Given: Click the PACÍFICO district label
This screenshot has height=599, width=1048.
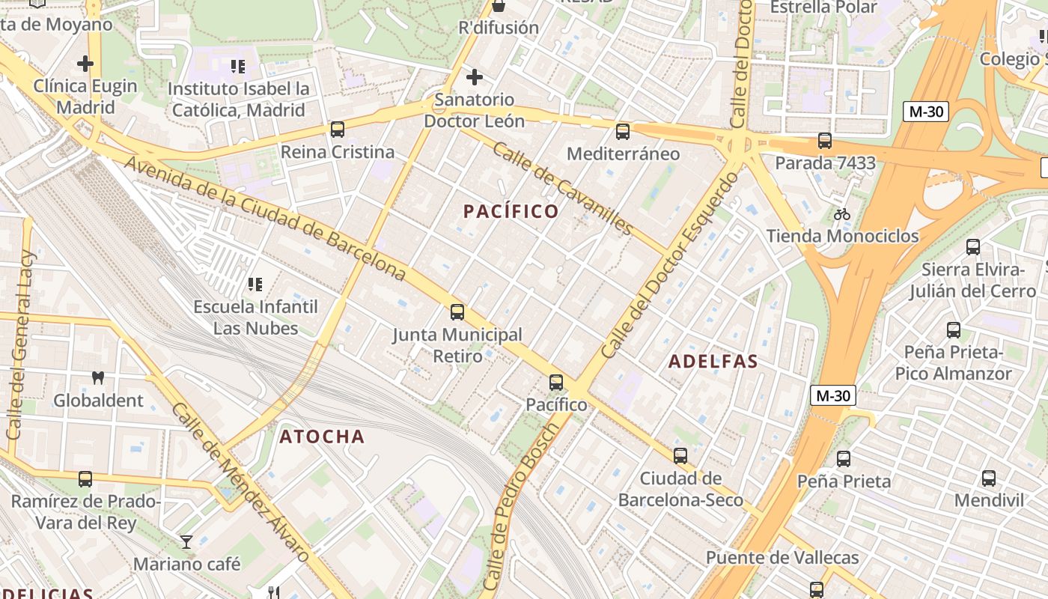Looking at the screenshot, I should pyautogui.click(x=511, y=212).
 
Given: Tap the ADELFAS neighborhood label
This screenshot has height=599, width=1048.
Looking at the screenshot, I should pyautogui.click(x=713, y=362).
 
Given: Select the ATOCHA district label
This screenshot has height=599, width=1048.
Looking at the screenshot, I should pyautogui.click(x=322, y=437).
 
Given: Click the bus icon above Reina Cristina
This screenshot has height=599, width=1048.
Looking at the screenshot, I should pyautogui.click(x=338, y=130).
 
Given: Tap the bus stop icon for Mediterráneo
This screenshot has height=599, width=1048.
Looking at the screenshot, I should pyautogui.click(x=622, y=132).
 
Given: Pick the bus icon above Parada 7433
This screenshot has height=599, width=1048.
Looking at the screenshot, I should pyautogui.click(x=824, y=141).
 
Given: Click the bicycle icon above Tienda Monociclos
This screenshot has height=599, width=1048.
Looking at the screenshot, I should pyautogui.click(x=842, y=214).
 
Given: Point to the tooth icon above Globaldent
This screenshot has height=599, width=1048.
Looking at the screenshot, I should pyautogui.click(x=97, y=378).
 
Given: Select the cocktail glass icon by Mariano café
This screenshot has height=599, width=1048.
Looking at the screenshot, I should pyautogui.click(x=186, y=541).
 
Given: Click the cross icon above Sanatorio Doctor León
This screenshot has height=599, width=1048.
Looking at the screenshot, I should pyautogui.click(x=474, y=77).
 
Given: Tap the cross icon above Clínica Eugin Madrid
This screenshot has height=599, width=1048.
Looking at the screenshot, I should pyautogui.click(x=85, y=64).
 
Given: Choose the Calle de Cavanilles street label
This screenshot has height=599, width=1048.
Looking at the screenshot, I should pyautogui.click(x=563, y=188).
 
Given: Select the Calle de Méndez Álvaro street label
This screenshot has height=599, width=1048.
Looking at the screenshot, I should pyautogui.click(x=240, y=483).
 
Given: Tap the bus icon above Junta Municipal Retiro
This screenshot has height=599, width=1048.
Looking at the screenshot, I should pyautogui.click(x=457, y=312).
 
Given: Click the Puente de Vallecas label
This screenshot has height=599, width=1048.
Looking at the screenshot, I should pyautogui.click(x=782, y=558).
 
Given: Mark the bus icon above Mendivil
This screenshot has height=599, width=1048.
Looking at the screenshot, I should pyautogui.click(x=988, y=478).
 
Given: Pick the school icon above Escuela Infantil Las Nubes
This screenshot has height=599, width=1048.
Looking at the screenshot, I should pyautogui.click(x=255, y=285).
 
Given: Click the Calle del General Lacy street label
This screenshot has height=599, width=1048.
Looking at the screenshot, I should pyautogui.click(x=19, y=344).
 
